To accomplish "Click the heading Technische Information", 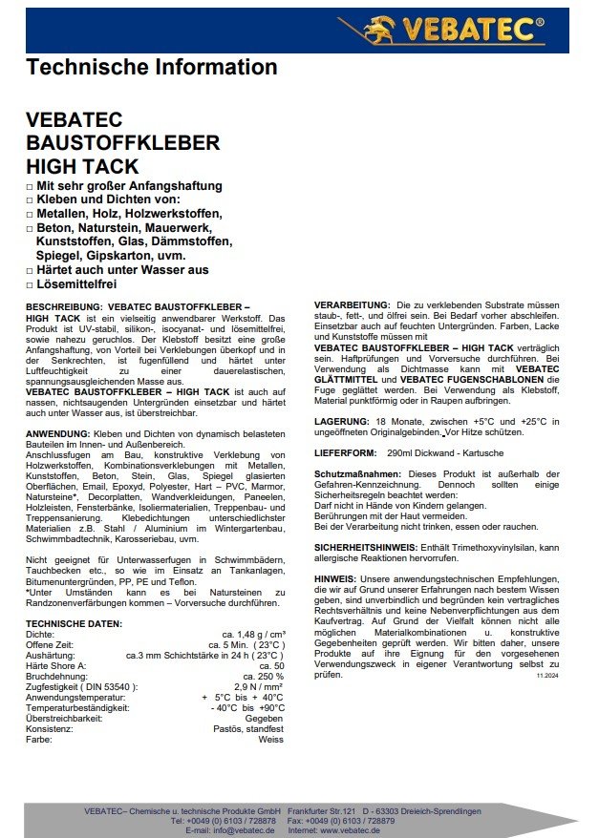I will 152,68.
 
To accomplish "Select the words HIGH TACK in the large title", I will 82,166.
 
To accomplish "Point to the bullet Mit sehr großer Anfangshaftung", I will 129,185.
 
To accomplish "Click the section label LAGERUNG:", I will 341,421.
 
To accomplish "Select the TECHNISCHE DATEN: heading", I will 75,623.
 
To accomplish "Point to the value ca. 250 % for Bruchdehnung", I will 265,676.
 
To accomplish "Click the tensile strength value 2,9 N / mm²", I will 259,686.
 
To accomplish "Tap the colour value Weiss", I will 271,739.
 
